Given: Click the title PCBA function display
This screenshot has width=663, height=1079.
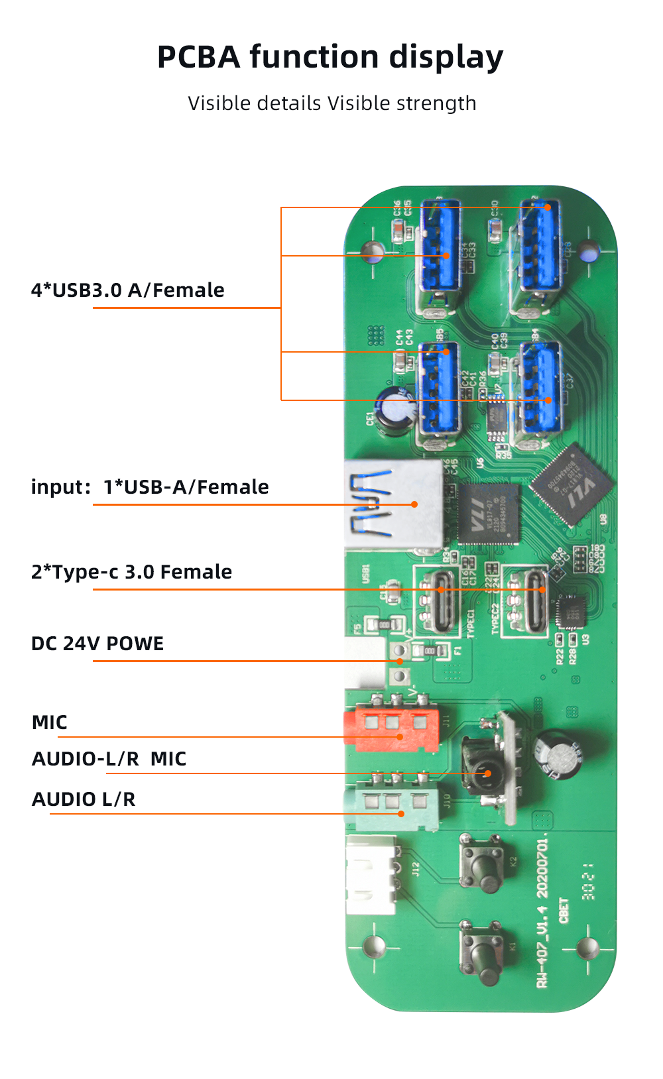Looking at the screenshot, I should [330, 57].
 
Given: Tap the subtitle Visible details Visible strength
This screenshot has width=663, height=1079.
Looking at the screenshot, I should [331, 103].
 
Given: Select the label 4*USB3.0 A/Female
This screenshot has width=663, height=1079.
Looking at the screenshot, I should [127, 290].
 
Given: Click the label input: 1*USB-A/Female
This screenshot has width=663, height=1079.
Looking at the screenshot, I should [150, 487].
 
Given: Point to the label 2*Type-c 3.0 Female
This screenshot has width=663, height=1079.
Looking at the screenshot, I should [131, 572].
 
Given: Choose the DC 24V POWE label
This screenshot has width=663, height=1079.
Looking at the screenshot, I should [97, 644].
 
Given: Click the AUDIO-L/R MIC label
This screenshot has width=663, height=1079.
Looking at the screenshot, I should [109, 759].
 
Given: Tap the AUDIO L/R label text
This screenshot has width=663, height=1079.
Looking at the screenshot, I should [84, 799].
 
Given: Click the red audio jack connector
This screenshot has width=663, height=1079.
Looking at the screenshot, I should [391, 727].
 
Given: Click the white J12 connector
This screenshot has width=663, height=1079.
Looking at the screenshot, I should [371, 875].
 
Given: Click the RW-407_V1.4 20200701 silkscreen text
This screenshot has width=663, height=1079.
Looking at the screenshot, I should [542, 912].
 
